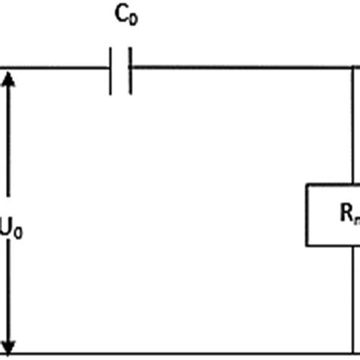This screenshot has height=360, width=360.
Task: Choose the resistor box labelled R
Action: click(333, 214)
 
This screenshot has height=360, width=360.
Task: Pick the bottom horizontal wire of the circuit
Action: click(182, 353)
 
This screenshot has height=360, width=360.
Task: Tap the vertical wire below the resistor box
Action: click(354, 300)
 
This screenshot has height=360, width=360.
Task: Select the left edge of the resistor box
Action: click(307, 214)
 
